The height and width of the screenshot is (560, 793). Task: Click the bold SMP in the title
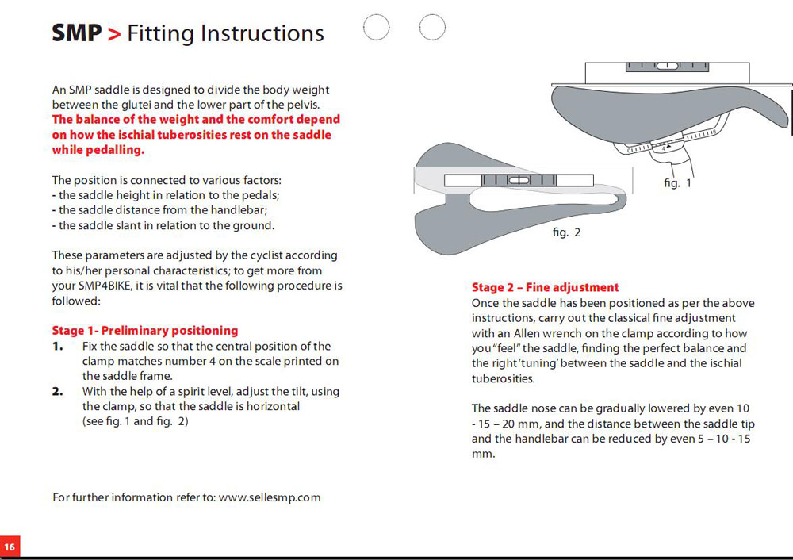point(77,33)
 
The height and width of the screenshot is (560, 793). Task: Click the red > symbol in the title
point(114,34)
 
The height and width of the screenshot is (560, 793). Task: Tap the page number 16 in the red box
point(10,547)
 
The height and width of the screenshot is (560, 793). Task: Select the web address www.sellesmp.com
point(270,497)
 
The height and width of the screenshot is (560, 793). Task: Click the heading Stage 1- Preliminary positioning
point(144,330)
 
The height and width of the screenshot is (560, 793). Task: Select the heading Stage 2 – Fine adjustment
point(545,287)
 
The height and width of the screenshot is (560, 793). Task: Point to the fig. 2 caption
point(566,232)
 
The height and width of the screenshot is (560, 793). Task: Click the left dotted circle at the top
point(376,28)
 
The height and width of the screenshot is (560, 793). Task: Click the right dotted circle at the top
point(432,28)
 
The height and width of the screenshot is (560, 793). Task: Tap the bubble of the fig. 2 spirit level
point(519,181)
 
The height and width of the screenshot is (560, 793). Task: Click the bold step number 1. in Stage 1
point(57,347)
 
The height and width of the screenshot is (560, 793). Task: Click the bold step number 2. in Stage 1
point(57,392)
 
